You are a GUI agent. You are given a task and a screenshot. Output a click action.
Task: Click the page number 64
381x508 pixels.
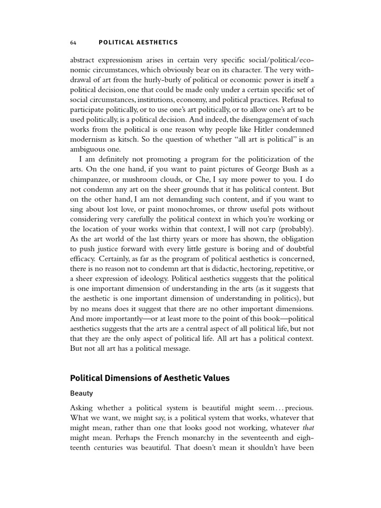coord(73,42)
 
